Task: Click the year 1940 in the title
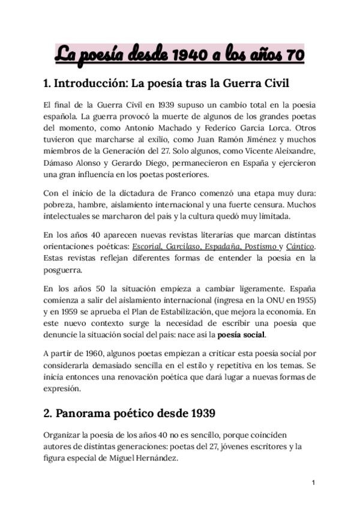[187, 55]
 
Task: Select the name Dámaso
[58, 162]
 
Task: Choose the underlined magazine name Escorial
[146, 247]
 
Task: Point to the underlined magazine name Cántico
[300, 247]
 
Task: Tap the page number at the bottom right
[313, 483]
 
